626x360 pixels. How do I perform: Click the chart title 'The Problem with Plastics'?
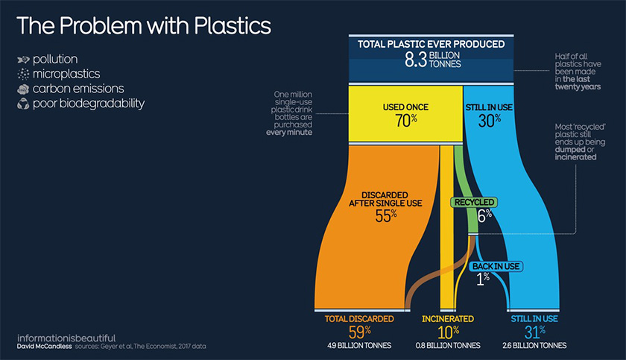click(144, 26)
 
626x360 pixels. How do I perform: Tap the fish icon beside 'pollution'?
click(23, 60)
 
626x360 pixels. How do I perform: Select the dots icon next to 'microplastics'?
click(23, 74)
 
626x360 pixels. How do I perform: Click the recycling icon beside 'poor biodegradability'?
click(23, 104)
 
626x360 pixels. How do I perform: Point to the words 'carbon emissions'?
click(78, 89)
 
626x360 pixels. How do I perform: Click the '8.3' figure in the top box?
click(416, 60)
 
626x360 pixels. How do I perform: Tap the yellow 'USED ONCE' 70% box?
click(405, 114)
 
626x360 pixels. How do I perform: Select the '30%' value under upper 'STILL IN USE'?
click(490, 121)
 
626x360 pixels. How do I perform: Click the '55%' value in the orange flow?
click(386, 216)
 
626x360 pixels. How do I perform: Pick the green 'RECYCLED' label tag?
click(474, 202)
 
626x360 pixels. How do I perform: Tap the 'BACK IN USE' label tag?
click(496, 266)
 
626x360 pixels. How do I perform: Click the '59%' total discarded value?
click(360, 332)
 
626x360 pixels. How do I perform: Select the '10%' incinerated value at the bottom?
click(448, 332)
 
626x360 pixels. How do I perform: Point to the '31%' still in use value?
click(534, 332)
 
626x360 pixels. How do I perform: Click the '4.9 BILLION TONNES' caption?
click(359, 346)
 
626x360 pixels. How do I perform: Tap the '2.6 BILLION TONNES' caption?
click(534, 346)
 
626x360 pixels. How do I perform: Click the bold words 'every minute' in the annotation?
click(289, 133)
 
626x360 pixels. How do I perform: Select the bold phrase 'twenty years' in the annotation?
click(578, 86)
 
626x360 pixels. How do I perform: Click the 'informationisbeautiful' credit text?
click(66, 338)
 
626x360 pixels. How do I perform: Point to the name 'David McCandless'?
click(44, 347)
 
